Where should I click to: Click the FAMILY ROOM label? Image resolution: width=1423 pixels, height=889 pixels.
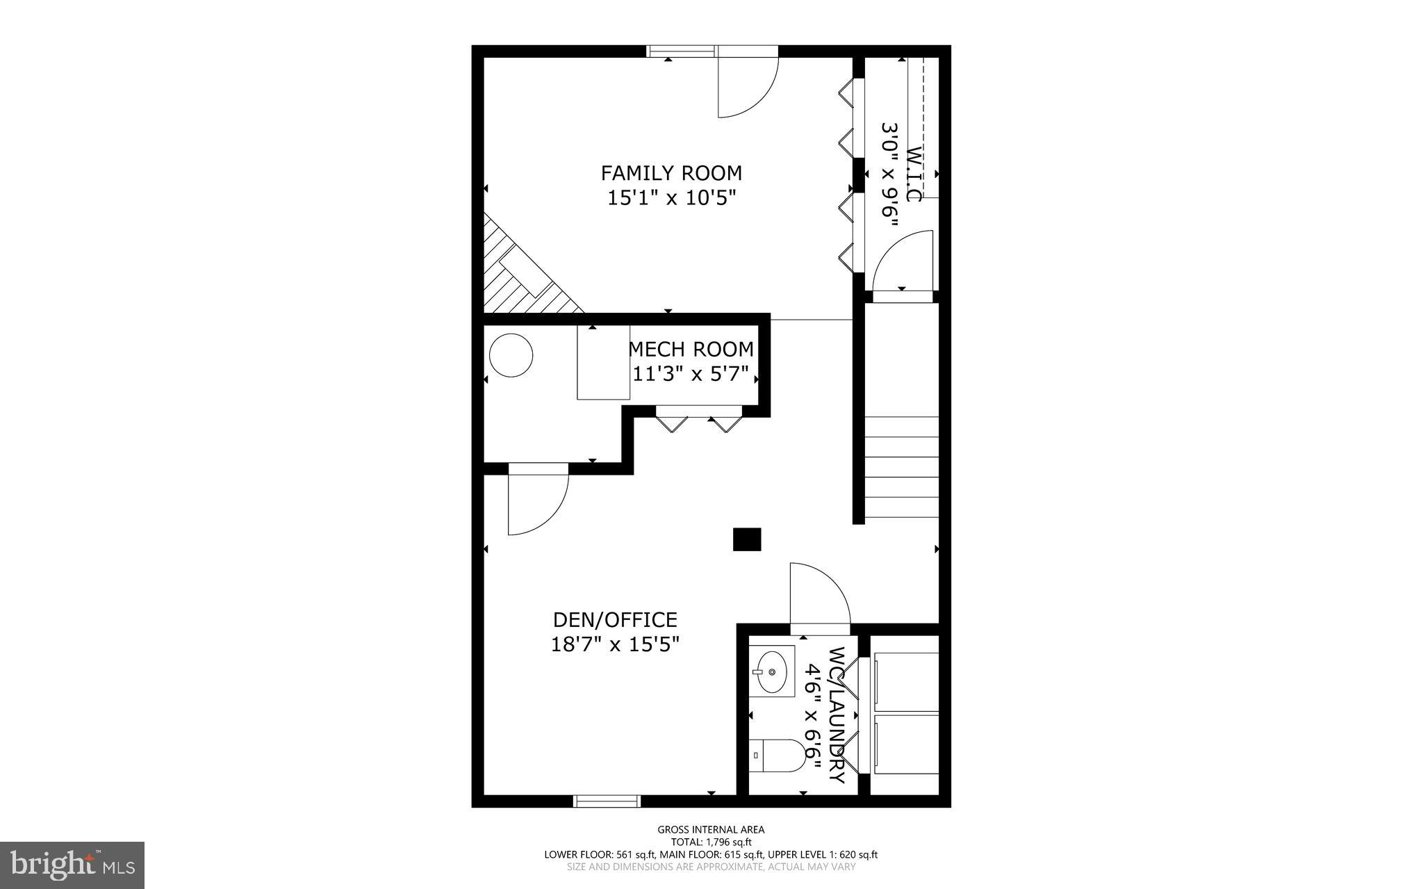tap(671, 172)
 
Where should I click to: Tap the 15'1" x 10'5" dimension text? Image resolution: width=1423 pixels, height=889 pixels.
tap(671, 198)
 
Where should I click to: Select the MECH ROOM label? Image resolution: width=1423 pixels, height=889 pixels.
tap(691, 349)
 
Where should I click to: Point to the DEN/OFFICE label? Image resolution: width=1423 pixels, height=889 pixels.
tap(615, 619)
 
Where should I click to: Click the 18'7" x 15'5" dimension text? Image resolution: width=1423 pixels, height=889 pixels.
tap(615, 644)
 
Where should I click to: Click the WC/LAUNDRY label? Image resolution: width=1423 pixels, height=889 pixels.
tap(838, 715)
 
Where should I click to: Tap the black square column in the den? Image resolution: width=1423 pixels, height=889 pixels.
tap(747, 539)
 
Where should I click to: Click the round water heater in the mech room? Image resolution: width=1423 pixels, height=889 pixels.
tap(511, 355)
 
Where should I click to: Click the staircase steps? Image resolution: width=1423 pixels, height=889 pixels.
tap(901, 466)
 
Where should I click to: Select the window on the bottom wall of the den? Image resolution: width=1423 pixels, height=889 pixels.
tap(606, 801)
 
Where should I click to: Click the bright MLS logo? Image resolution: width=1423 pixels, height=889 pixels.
tap(72, 865)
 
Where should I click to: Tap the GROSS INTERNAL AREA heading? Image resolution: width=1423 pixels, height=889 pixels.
tap(711, 829)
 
